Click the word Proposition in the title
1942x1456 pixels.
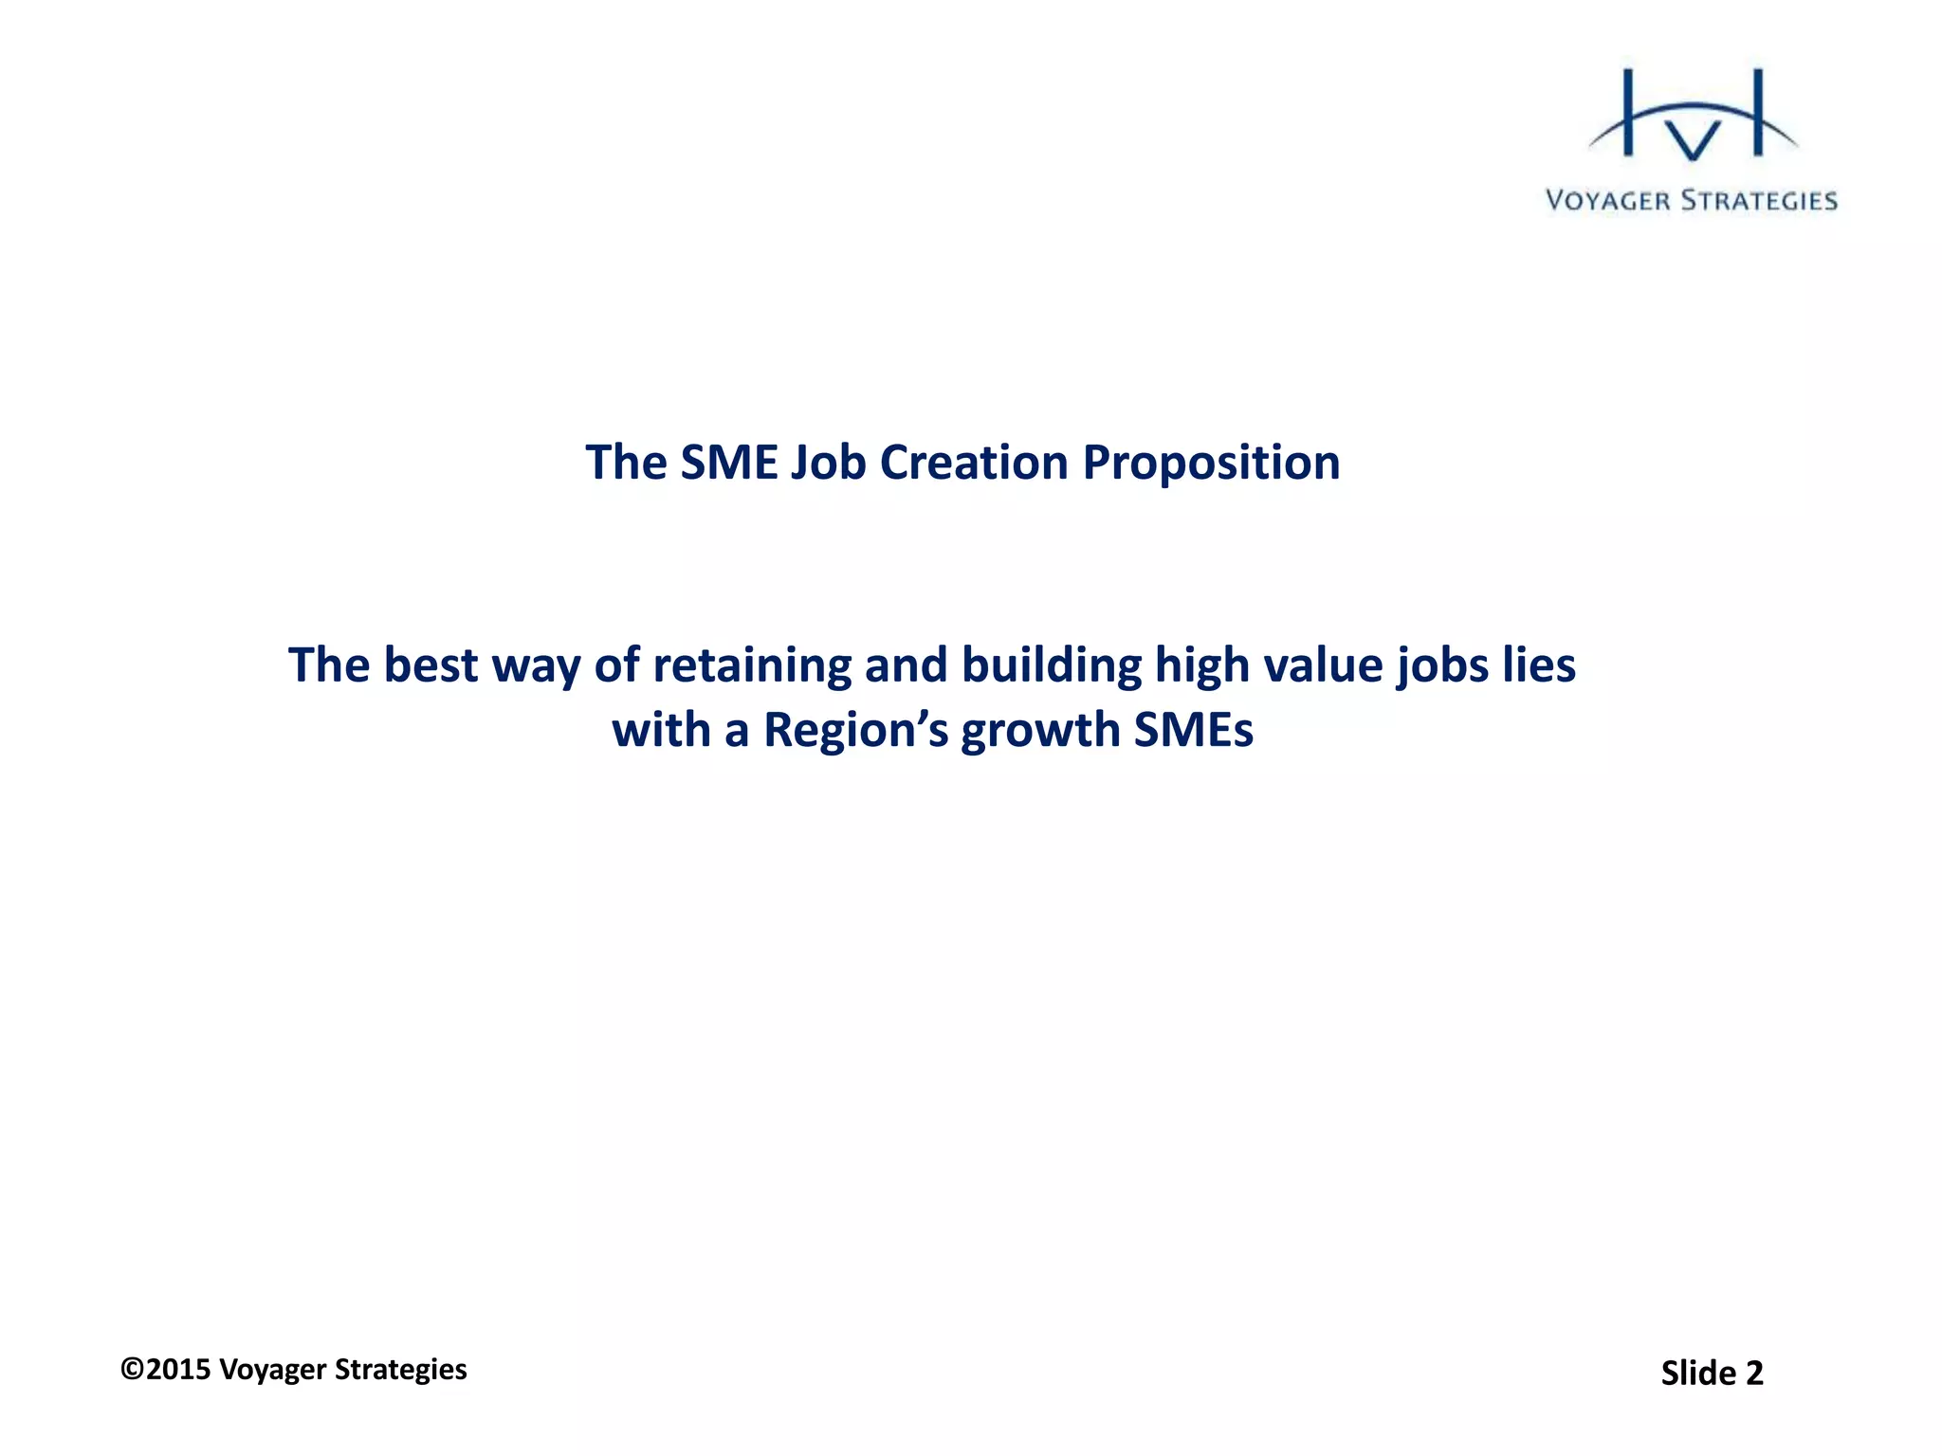[x=1211, y=464]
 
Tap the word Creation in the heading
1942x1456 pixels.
[x=975, y=464]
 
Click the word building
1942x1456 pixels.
[x=1052, y=665]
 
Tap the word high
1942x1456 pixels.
[x=1201, y=665]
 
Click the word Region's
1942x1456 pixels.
[x=855, y=731]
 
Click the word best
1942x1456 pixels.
[x=431, y=665]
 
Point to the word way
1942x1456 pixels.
[x=536, y=665]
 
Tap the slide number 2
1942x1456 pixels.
[x=1753, y=1374]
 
